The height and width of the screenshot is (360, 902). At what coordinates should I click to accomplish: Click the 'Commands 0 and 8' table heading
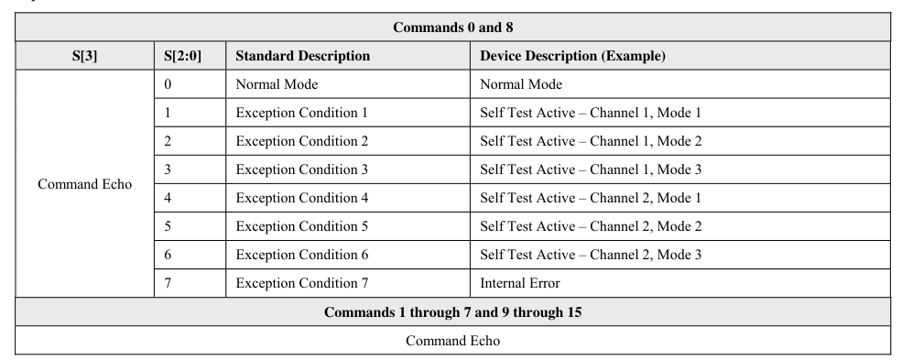452,27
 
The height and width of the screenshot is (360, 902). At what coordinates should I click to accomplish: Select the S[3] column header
84,56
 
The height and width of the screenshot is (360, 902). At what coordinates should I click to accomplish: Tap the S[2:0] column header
182,56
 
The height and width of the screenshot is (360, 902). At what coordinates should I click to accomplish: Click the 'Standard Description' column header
302,56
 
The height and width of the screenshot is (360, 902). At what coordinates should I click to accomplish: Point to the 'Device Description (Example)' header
572,56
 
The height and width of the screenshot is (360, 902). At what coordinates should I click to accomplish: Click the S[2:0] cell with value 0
168,84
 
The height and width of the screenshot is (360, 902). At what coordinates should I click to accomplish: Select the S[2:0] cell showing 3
168,169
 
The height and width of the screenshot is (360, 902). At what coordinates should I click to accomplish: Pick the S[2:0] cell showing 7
168,283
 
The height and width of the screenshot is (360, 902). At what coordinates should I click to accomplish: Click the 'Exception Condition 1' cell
301,113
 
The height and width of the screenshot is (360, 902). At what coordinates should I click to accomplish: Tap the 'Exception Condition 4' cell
302,198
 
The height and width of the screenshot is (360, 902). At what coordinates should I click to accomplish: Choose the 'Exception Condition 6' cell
302,255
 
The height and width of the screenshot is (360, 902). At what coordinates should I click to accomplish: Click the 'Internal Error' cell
520,283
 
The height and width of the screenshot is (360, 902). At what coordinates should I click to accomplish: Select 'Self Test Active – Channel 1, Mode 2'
591,141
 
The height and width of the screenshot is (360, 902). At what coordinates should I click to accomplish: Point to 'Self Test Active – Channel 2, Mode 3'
591,255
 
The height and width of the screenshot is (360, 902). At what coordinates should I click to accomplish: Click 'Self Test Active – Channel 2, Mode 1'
591,198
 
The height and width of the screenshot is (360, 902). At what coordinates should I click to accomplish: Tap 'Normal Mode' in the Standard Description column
277,84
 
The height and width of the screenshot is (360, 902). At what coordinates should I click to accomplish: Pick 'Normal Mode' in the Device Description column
521,84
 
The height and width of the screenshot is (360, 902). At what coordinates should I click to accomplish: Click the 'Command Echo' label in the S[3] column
84,184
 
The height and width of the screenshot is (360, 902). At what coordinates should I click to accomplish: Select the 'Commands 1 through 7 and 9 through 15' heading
452,312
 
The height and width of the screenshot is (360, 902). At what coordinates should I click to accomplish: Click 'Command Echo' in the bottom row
452,341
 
